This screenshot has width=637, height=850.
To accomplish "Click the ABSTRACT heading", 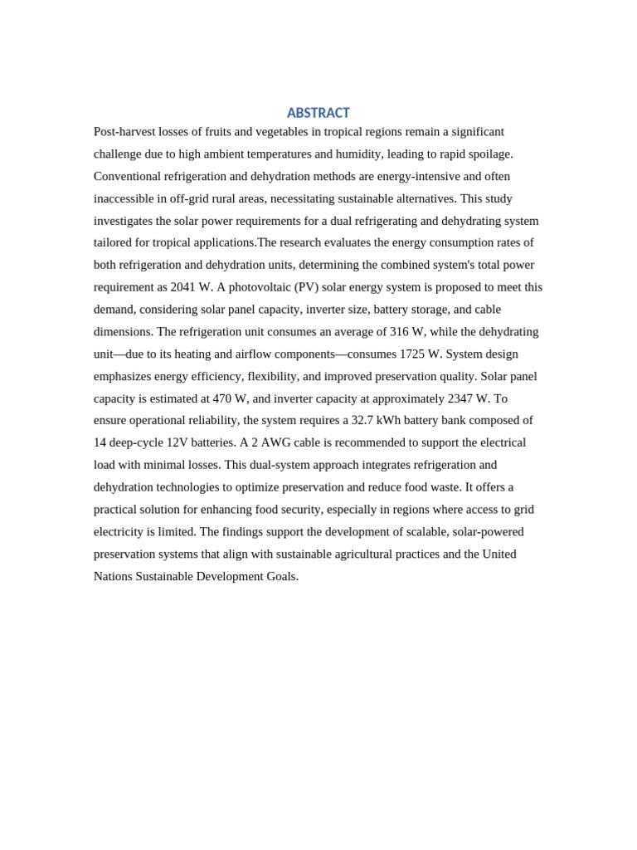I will point(318,113).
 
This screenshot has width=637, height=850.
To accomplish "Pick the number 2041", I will point(183,288).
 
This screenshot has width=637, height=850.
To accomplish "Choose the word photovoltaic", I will point(257,288).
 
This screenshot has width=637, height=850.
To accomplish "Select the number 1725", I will point(412,354).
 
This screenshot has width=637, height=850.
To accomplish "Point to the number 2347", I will point(460,398).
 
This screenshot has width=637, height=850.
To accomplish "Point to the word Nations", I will point(114,577).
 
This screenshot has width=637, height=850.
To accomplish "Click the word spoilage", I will point(489,154).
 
